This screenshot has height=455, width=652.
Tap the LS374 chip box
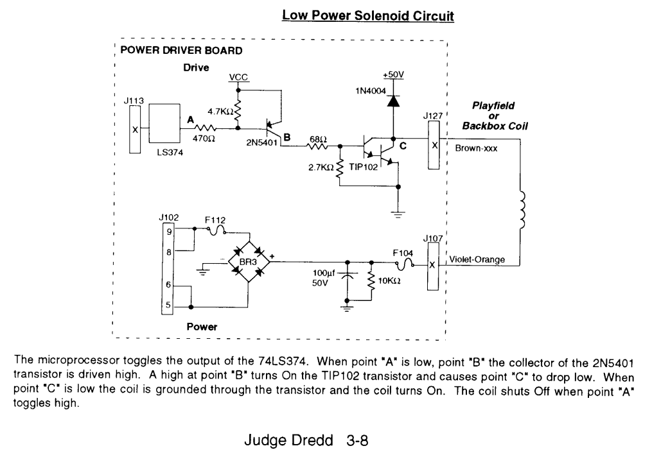point(166,125)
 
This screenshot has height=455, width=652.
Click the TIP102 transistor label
point(364,167)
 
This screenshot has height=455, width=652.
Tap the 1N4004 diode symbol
point(392,100)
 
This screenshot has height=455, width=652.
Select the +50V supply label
point(392,74)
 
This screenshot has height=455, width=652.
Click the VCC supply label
point(238,78)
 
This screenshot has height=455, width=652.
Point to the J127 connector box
point(434,145)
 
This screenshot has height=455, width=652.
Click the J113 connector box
point(135,130)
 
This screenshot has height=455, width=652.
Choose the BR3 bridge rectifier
point(248,262)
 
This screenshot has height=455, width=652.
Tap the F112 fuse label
point(214,219)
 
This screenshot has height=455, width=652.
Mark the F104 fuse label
point(403,253)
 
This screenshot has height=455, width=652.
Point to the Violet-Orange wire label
point(477,259)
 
